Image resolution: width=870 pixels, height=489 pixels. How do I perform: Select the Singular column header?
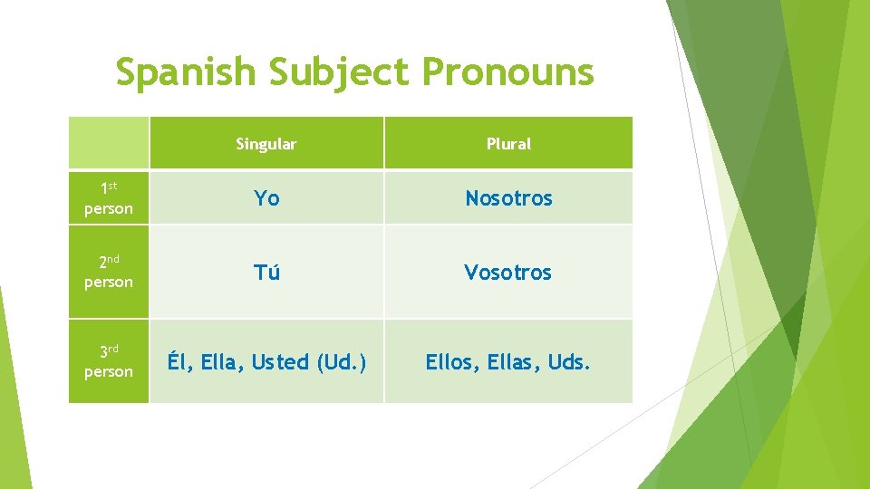pyautogui.click(x=266, y=144)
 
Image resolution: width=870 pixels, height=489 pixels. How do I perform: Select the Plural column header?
pyautogui.click(x=508, y=144)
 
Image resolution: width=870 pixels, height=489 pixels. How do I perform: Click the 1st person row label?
pyautogui.click(x=109, y=198)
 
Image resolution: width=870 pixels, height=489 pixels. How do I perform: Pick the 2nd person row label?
pyautogui.click(x=109, y=272)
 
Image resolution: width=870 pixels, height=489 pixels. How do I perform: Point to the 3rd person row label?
pyautogui.click(x=109, y=361)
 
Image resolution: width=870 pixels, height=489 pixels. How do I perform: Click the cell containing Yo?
pyautogui.click(x=266, y=198)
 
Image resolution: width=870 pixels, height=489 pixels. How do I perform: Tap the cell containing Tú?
pyautogui.click(x=266, y=272)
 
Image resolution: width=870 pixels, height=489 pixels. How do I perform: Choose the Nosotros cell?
pyautogui.click(x=508, y=198)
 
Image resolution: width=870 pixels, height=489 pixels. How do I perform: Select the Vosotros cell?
pyautogui.click(x=507, y=272)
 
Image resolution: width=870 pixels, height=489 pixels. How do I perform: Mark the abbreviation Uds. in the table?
pyautogui.click(x=570, y=362)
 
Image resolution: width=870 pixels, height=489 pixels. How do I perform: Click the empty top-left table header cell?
pyautogui.click(x=109, y=143)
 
